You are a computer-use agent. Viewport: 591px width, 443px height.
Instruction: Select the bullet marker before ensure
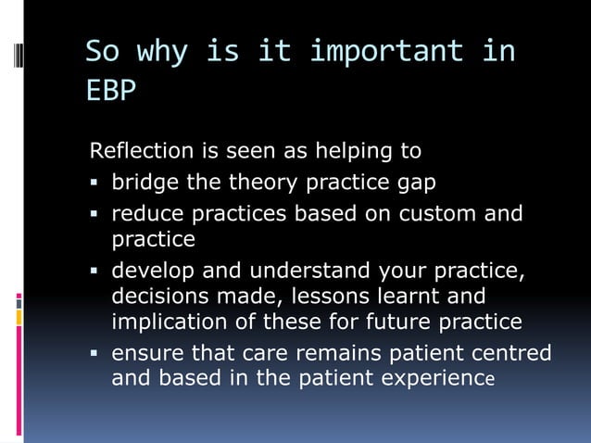click(95, 354)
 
